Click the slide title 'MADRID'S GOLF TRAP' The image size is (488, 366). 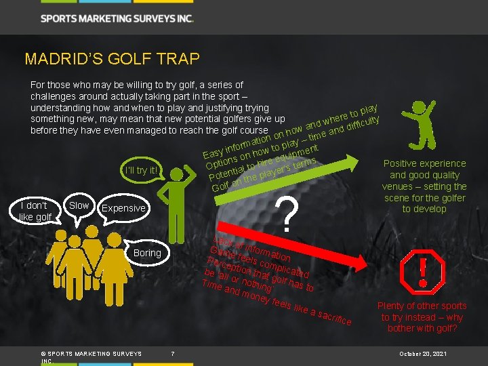tap(112, 59)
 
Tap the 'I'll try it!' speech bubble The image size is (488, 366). tap(141, 170)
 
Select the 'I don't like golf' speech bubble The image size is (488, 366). tap(35, 211)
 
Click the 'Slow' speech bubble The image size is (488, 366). tap(79, 205)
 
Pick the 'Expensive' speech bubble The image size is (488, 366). tap(123, 209)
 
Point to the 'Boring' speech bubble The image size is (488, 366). tap(147, 253)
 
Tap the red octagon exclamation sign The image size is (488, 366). tap(424, 271)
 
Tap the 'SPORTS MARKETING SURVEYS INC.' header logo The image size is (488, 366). tap(117, 18)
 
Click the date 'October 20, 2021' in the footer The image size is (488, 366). tap(424, 354)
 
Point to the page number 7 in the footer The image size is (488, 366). tap(173, 353)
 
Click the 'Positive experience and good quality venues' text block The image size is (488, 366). tap(425, 186)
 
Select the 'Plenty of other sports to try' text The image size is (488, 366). tap(422, 317)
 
